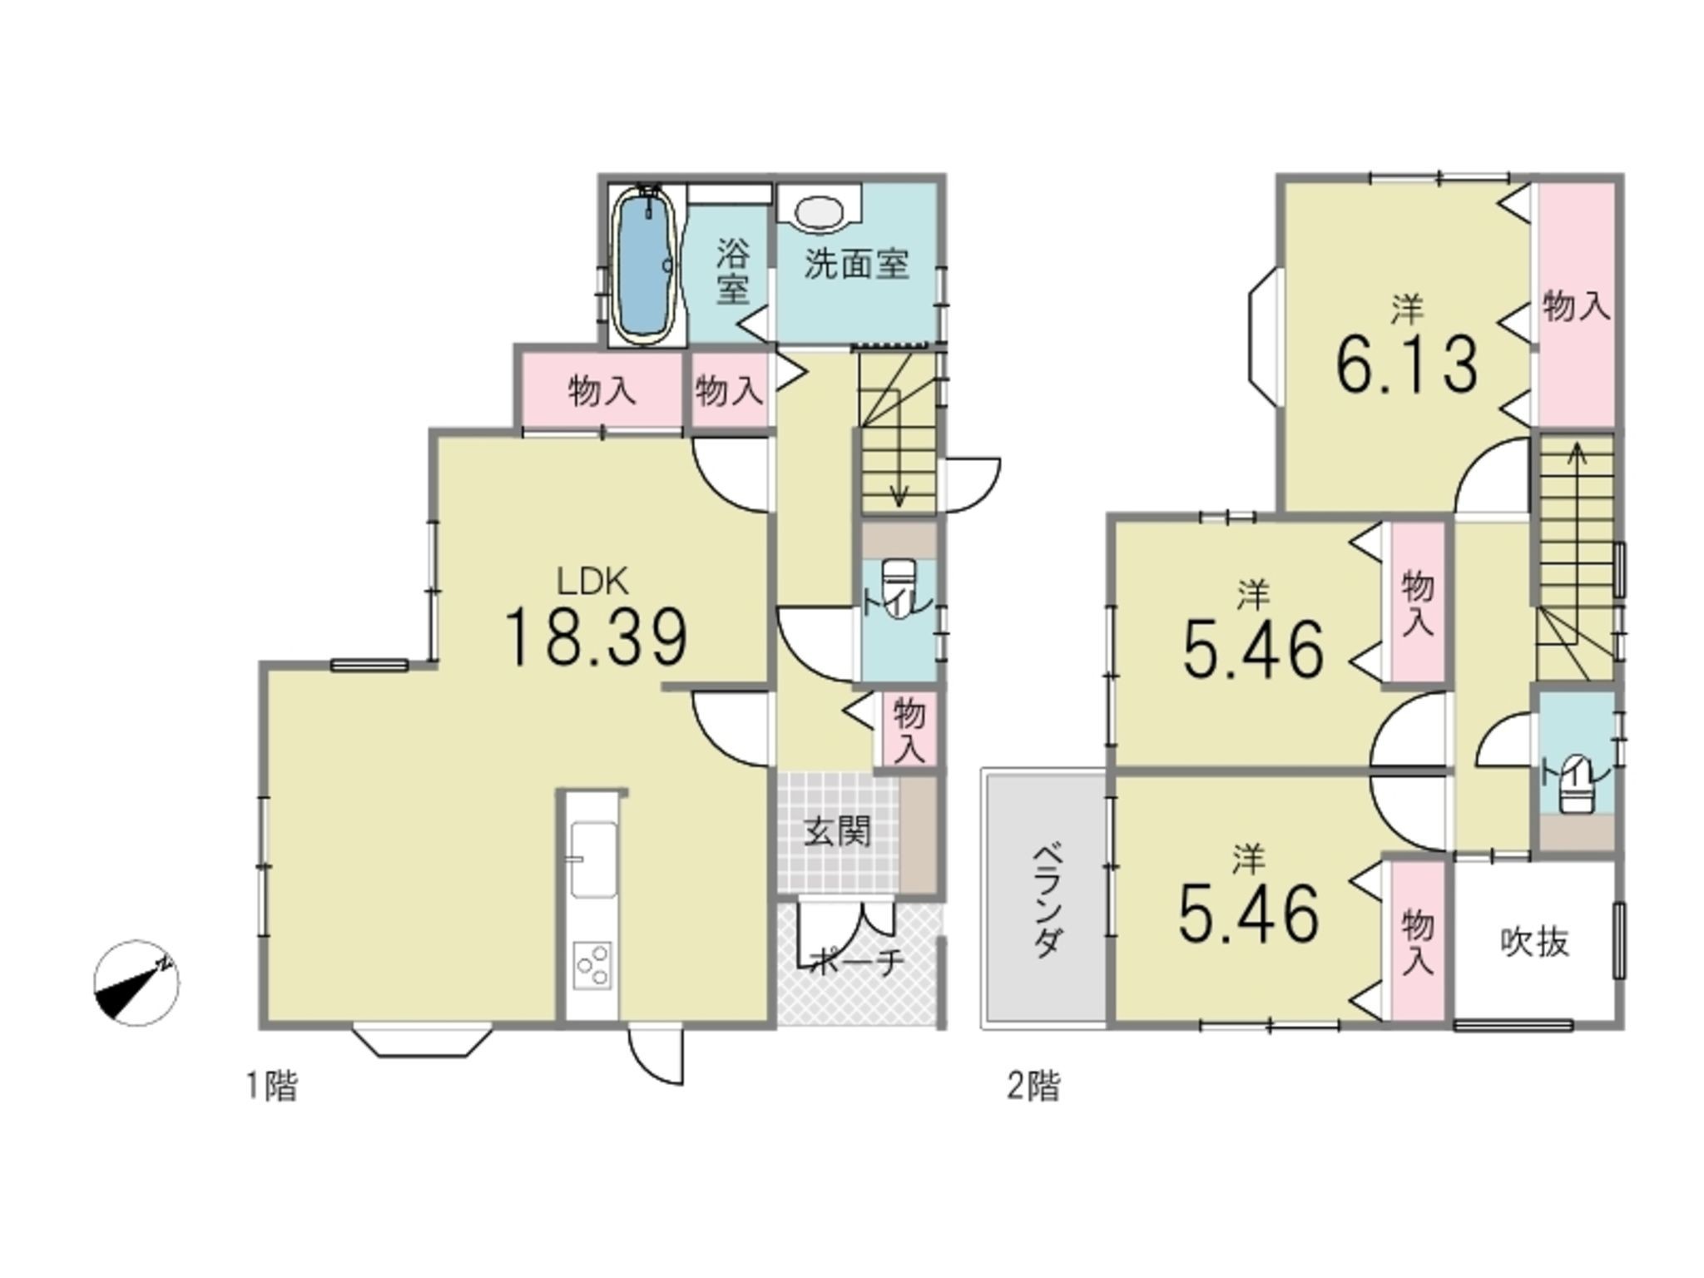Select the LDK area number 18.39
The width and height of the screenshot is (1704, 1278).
click(x=596, y=638)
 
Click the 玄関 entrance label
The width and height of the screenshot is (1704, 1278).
click(x=837, y=831)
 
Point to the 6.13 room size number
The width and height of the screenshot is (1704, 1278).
click(x=1407, y=364)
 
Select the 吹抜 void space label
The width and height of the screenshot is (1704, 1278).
click(x=1535, y=942)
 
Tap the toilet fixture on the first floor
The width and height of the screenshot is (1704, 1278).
click(x=899, y=587)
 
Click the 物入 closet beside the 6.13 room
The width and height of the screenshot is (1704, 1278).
click(x=1576, y=305)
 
